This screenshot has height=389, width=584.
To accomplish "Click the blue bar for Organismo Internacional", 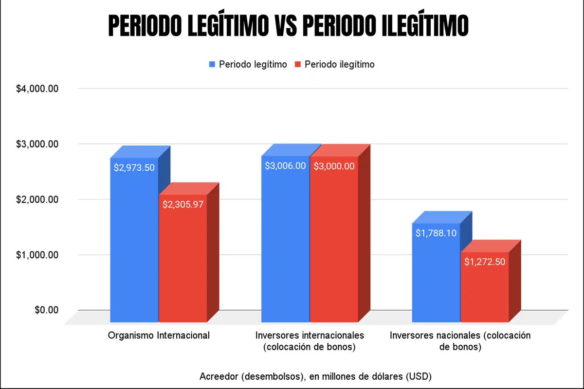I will pos(134,243).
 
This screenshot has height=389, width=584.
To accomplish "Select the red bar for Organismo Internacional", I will pos(183,263).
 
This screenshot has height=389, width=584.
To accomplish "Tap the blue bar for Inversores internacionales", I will pos(285,243).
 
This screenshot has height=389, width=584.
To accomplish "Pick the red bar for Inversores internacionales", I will pos(334,243).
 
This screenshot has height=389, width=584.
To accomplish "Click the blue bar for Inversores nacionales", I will pos(436,277).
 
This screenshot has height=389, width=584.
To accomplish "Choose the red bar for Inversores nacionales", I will pos(485,292).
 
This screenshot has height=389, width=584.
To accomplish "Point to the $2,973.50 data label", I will pos(134,167).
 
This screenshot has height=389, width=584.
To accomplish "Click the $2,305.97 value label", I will pos(183,204).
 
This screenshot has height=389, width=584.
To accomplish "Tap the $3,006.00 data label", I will pos(285,166).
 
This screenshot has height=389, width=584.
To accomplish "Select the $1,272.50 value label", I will pos(485,262).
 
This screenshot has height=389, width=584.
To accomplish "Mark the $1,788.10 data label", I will pos(436,233).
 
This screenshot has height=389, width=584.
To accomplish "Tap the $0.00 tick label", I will pos(47,310).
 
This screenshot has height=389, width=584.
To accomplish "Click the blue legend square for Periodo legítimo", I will pos(212,64).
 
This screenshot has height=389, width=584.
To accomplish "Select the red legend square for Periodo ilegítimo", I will pos(297,64).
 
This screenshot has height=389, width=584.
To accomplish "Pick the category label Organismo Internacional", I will pos(159,336).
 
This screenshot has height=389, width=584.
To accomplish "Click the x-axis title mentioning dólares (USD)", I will pos(315,376).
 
